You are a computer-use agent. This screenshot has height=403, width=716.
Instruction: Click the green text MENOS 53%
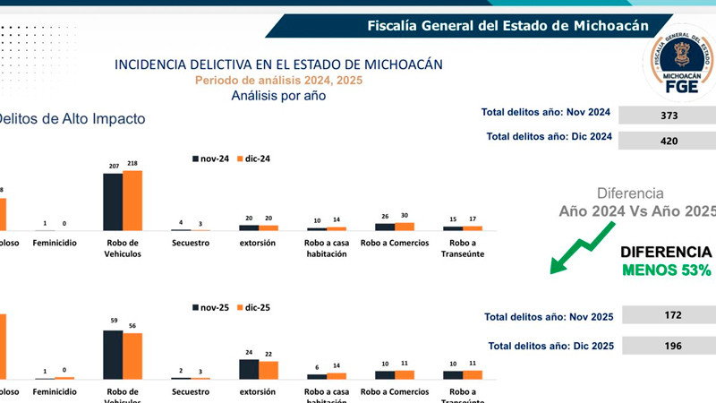click(667, 270)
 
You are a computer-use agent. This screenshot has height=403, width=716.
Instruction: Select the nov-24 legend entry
click(210, 159)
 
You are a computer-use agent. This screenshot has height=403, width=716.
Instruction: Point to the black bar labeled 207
click(113, 201)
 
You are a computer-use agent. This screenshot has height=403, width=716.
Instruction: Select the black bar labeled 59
click(113, 355)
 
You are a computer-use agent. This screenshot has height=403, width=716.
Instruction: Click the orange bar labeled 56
click(132, 356)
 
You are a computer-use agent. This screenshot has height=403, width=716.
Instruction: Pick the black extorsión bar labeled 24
click(249, 369)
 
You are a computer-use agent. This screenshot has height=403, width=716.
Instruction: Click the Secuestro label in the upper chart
click(191, 243)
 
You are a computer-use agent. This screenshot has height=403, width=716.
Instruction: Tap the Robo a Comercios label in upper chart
click(395, 243)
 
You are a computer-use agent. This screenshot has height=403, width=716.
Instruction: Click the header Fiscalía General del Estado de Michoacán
click(507, 26)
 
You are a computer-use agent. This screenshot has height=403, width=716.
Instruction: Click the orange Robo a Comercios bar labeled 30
click(405, 227)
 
